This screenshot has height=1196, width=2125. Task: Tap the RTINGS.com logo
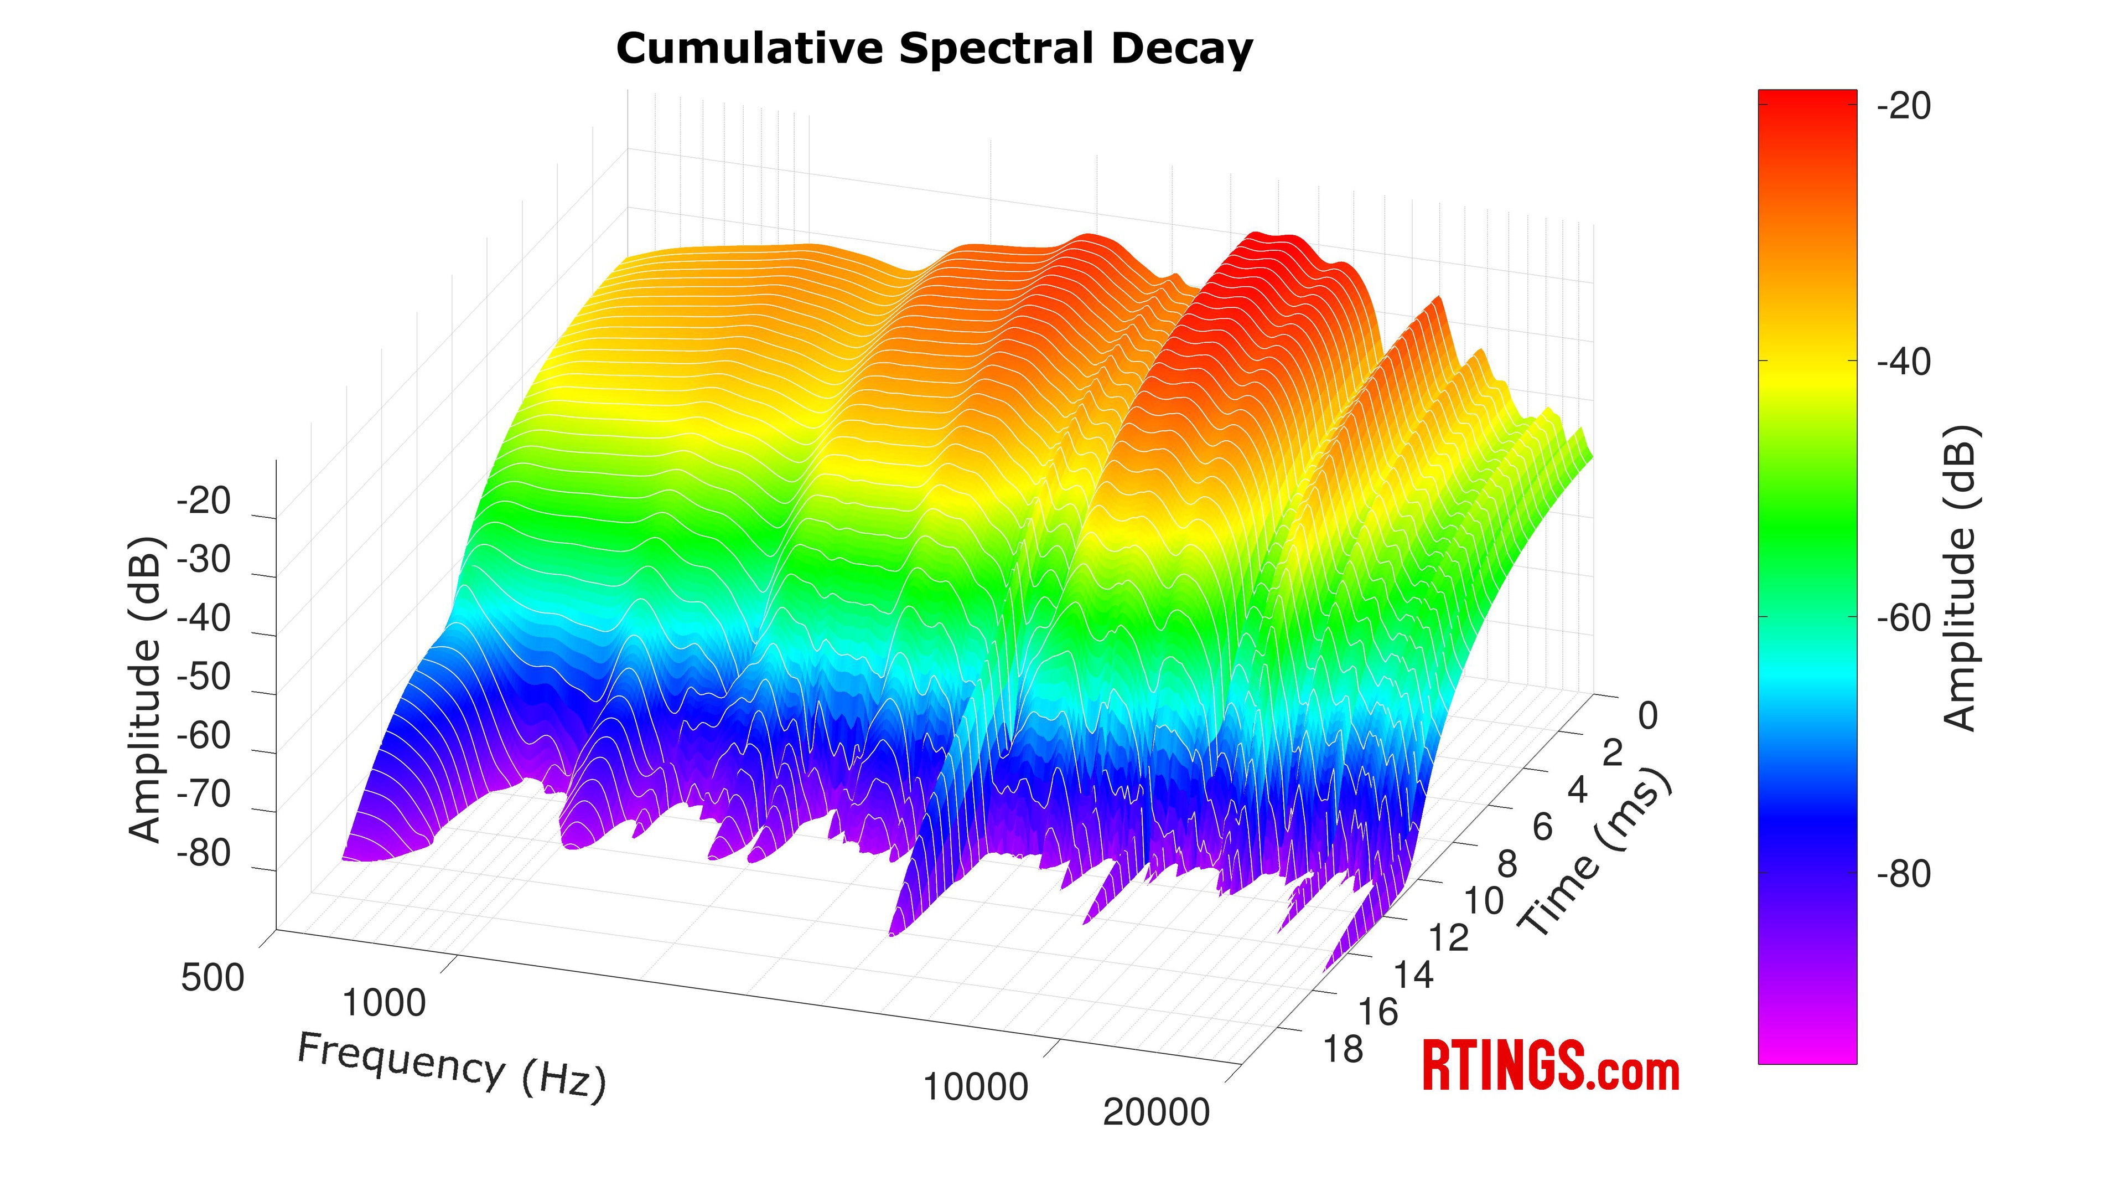[x=1551, y=1066]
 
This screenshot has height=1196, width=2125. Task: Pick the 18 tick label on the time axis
[x=1343, y=1050]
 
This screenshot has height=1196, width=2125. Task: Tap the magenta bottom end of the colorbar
[x=1807, y=1053]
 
